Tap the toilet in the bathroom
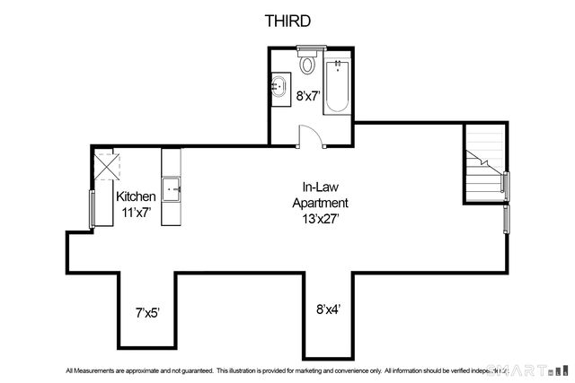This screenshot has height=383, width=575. (x=307, y=65)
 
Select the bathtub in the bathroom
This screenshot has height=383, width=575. (x=337, y=85)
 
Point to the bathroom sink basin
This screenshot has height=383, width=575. (x=279, y=88)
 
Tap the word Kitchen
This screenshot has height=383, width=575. (x=137, y=196)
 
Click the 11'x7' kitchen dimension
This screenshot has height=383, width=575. (x=137, y=212)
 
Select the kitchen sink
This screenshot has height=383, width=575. (x=173, y=188)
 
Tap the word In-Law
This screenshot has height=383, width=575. (x=319, y=187)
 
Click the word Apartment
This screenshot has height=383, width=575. (x=319, y=202)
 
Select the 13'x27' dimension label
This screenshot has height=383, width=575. (x=319, y=216)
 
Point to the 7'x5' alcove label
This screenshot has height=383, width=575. (x=148, y=313)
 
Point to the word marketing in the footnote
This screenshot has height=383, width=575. (x=342, y=370)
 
